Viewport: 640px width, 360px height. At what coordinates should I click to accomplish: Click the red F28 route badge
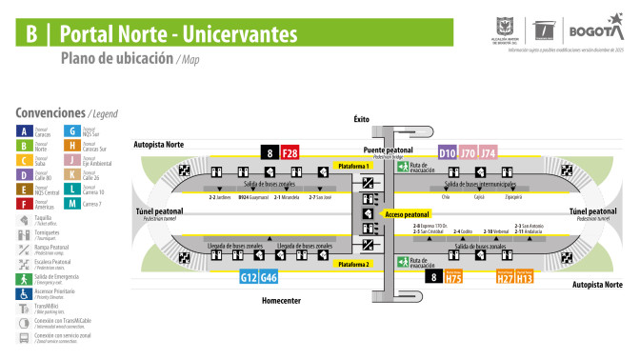coord(290,152)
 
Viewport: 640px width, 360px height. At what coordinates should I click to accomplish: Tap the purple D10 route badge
coord(448,152)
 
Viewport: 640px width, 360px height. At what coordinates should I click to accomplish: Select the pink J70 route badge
coord(468,152)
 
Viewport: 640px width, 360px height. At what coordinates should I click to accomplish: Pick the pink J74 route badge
coord(488,152)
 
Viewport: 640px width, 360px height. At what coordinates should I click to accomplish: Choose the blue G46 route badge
coord(269,277)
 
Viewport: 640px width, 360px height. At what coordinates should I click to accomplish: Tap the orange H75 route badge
coord(454,279)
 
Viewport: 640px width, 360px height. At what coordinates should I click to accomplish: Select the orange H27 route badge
coord(505,279)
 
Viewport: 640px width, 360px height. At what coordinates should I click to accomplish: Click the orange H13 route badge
coord(525,279)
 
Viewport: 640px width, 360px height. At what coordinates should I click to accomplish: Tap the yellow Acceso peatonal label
coord(408,215)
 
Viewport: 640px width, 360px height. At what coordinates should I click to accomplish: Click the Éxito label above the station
coord(361,119)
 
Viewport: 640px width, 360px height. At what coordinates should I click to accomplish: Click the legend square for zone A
coord(24,131)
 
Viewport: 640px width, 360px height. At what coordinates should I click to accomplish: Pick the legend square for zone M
coord(71,202)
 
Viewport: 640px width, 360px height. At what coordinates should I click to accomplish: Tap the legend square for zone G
coord(71,131)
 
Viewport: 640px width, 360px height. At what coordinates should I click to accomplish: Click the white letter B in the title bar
coord(31,36)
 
